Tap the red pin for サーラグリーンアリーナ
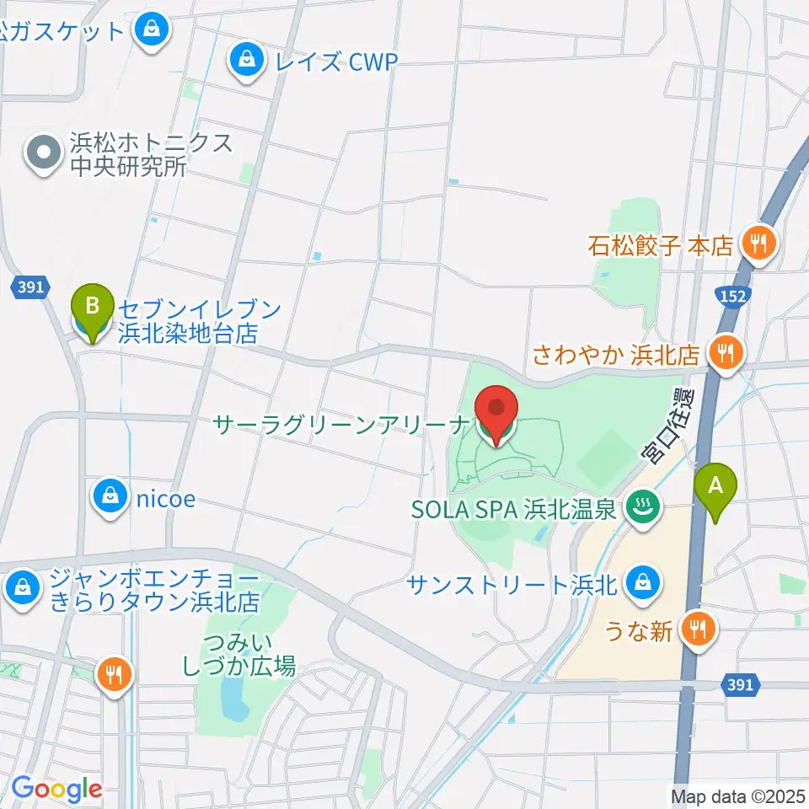click(496, 412)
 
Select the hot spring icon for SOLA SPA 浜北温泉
click(643, 508)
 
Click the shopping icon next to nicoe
click(110, 498)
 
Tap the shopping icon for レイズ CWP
click(246, 60)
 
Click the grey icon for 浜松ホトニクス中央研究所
click(44, 153)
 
